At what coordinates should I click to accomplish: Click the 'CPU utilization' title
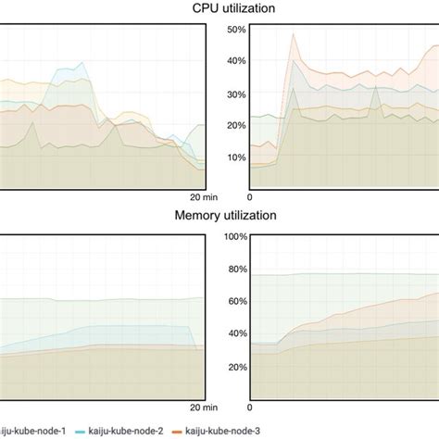(x=219, y=8)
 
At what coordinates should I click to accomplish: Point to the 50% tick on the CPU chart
(x=235, y=30)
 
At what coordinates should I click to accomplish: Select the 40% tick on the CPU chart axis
(x=235, y=61)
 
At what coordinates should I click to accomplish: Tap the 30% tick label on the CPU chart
(x=235, y=94)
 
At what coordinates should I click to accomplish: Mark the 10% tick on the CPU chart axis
(x=235, y=157)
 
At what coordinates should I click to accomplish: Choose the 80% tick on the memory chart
(x=235, y=270)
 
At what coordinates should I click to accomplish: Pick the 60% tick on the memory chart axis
(x=235, y=302)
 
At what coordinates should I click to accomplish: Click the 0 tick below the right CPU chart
(x=249, y=197)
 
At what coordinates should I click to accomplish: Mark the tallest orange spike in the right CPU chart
(x=294, y=35)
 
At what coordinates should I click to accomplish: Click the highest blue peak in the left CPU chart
(x=84, y=63)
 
